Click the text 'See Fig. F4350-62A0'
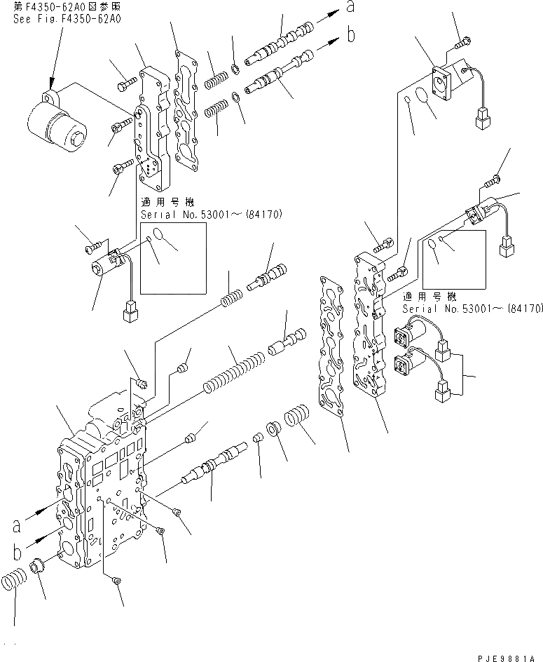tap(67, 20)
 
